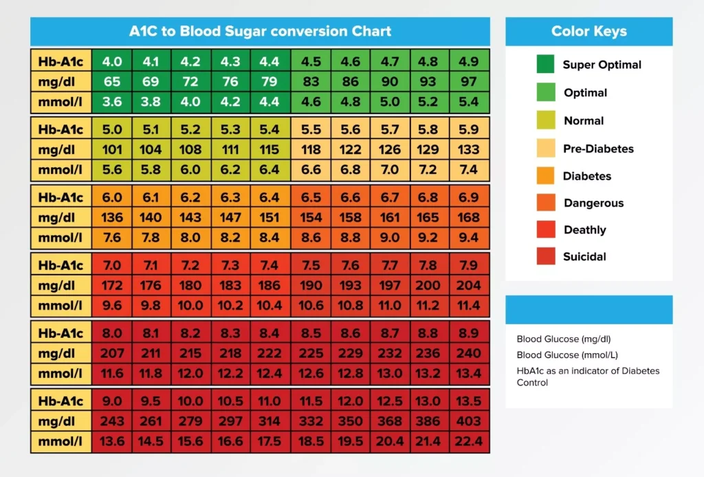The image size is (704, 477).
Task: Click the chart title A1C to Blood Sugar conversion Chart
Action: tap(260, 31)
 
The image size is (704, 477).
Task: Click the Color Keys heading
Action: tap(588, 31)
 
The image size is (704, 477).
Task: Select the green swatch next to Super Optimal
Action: tap(546, 65)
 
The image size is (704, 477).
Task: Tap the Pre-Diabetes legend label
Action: tap(598, 149)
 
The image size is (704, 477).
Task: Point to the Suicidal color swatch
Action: tap(546, 257)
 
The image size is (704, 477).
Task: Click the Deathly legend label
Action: tap(584, 230)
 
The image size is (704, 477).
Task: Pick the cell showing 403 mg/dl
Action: tap(468, 421)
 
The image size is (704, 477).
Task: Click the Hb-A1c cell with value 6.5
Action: tap(311, 198)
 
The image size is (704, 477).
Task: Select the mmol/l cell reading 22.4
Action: tap(468, 441)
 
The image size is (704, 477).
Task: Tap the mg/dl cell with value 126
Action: tap(390, 150)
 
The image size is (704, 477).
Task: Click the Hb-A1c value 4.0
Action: tap(112, 61)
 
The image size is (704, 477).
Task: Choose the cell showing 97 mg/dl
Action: tap(468, 82)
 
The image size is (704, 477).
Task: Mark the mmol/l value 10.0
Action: tap(191, 306)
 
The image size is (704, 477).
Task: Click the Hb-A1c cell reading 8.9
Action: tap(468, 333)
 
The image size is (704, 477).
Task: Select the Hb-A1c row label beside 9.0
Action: tap(60, 401)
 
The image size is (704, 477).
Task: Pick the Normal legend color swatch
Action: tap(546, 120)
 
